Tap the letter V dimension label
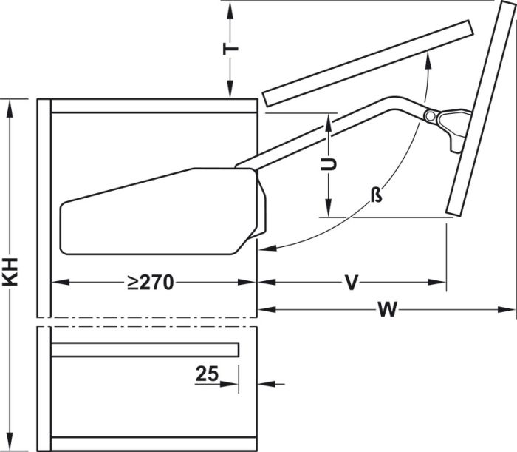(352, 283)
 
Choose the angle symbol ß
(376, 195)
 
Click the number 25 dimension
(208, 374)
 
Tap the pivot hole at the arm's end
(429, 116)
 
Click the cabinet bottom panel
(151, 444)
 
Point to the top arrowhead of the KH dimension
(10, 104)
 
